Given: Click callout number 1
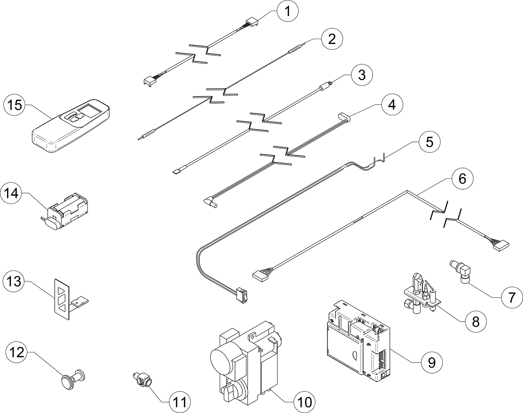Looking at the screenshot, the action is (x=288, y=11).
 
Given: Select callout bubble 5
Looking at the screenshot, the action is (x=430, y=142).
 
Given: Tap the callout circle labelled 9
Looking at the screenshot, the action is (x=432, y=363).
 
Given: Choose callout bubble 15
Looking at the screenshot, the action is (x=14, y=105).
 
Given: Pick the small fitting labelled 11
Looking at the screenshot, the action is (x=142, y=382).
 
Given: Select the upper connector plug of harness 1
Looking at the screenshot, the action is (x=252, y=23).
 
